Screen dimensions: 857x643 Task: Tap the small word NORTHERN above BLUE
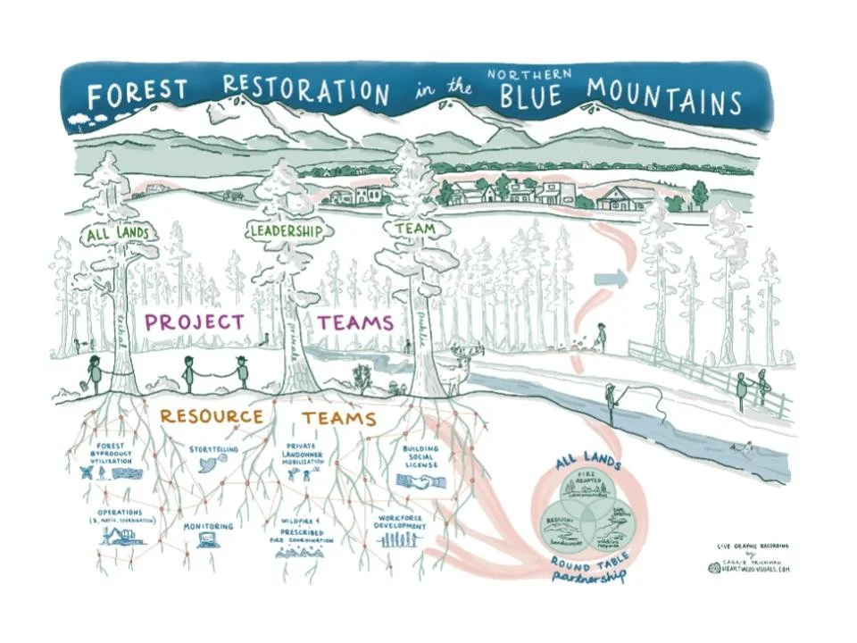pos(530,74)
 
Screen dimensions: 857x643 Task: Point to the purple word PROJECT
pos(195,321)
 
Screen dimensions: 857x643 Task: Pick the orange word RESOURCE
pos(212,416)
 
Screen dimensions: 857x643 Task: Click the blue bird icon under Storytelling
pos(211,464)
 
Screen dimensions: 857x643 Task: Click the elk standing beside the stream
pos(458,368)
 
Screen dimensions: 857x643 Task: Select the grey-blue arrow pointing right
pos(611,280)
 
